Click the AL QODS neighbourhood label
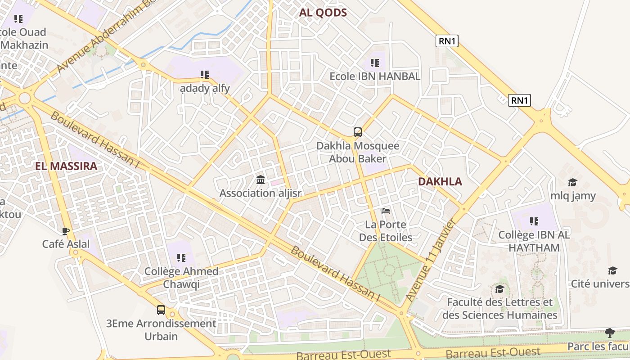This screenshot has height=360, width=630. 323,13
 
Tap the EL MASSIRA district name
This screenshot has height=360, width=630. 66,166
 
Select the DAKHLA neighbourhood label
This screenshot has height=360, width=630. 440,181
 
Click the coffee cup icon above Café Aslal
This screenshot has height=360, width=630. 66,231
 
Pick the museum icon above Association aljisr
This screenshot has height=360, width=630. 260,180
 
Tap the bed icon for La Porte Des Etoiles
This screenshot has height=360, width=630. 386,211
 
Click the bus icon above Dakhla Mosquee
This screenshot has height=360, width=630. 358,132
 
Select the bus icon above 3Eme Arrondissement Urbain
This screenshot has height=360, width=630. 161,310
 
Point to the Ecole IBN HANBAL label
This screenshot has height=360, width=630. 375,76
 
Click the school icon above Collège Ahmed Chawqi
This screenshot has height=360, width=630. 181,258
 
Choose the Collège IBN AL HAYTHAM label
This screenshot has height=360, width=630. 534,241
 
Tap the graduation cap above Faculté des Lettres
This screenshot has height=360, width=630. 499,289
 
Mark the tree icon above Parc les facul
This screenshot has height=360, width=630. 610,333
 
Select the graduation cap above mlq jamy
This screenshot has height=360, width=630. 572,182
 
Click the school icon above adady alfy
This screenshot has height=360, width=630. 205,75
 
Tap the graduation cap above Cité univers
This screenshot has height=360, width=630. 612,270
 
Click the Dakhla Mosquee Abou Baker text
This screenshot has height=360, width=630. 358,152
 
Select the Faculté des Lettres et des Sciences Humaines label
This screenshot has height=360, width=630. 499,308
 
